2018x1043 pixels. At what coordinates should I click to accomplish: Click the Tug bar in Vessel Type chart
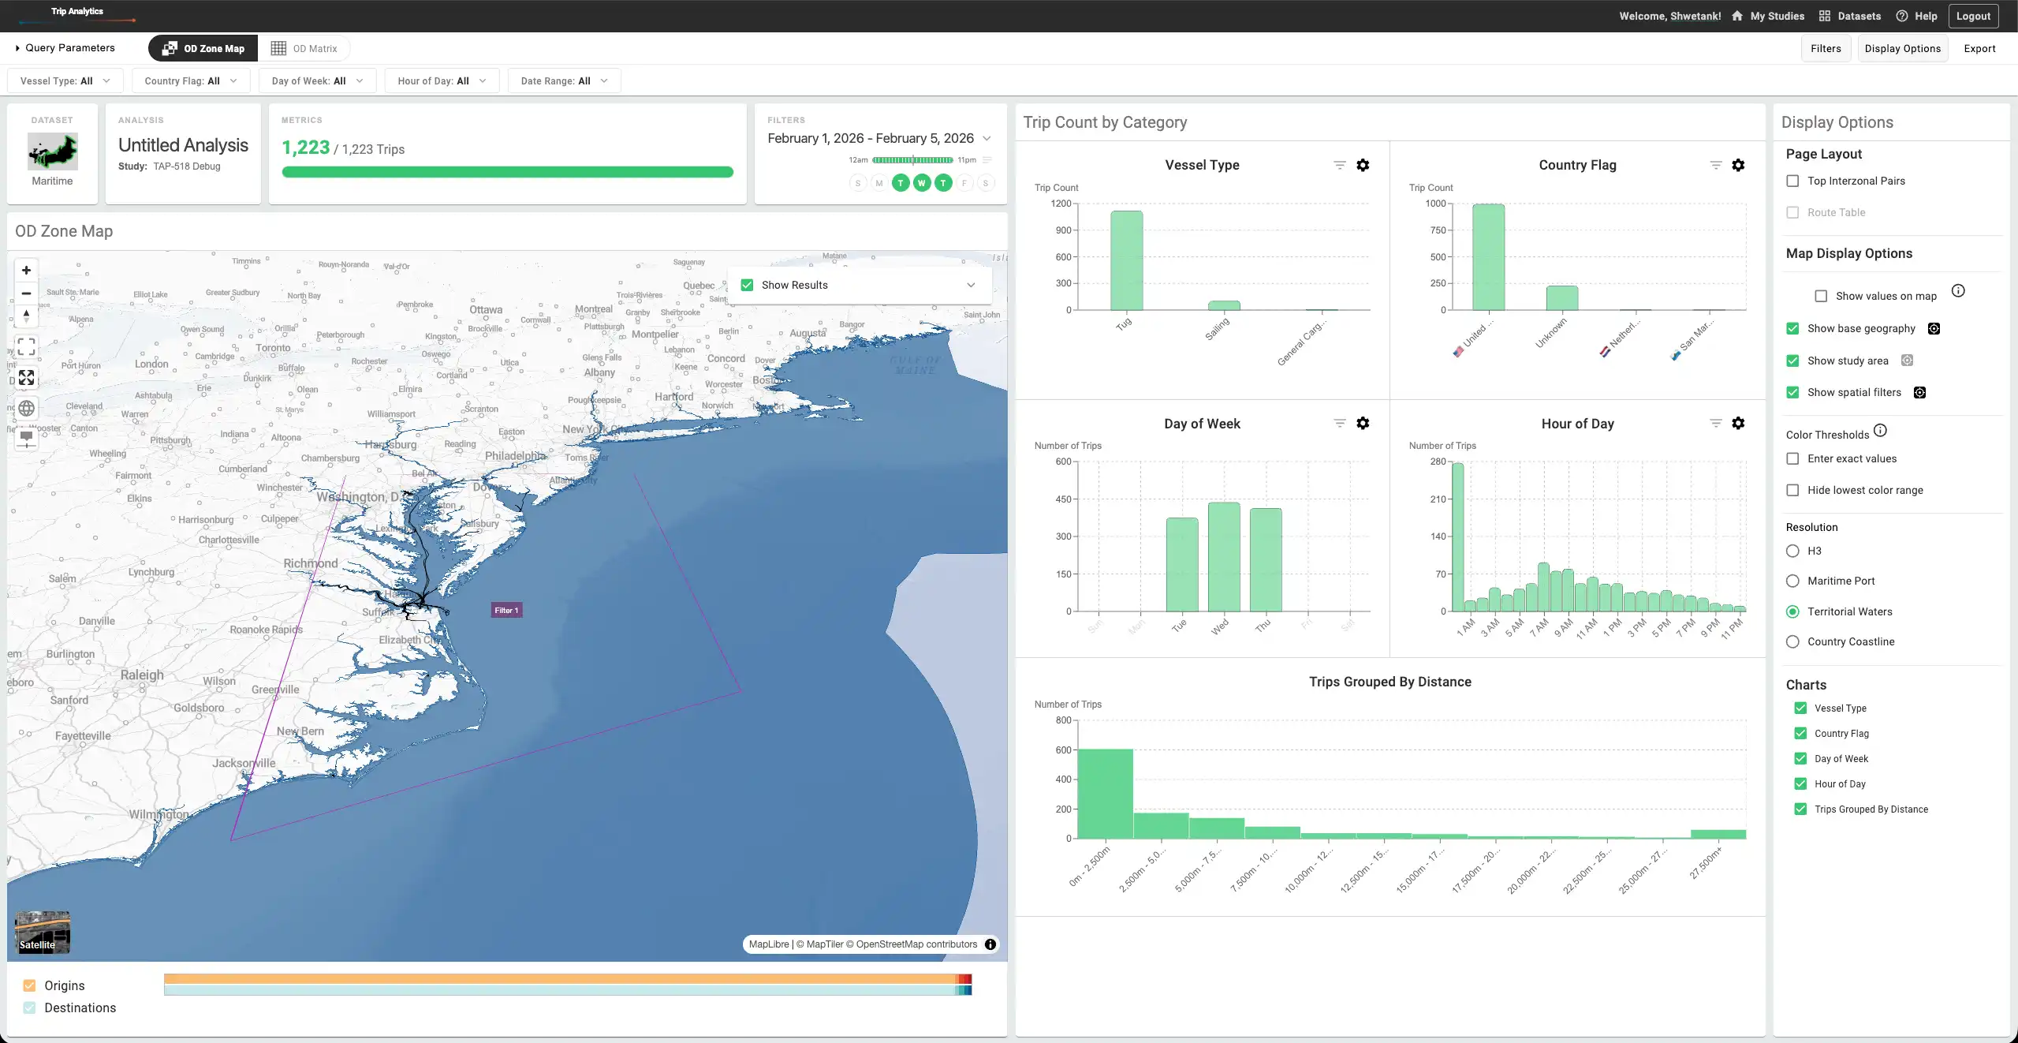tap(1126, 260)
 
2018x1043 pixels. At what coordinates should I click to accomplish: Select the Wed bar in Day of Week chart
tap(1223, 556)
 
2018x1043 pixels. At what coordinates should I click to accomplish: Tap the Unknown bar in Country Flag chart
tap(1561, 298)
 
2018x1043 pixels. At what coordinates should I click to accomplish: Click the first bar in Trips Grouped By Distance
tap(1105, 793)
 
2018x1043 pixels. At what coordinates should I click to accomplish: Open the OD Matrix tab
tap(304, 49)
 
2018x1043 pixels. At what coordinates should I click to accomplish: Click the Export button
tap(1979, 49)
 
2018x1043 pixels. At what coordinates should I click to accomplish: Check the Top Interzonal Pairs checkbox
tap(1792, 181)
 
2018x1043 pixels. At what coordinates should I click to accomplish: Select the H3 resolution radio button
tap(1792, 551)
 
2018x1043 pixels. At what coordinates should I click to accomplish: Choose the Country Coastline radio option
tap(1792, 642)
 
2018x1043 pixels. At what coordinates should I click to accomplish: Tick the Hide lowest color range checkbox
tap(1792, 491)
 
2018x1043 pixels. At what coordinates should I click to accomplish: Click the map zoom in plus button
tap(26, 271)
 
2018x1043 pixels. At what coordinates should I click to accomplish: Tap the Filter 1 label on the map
tap(506, 610)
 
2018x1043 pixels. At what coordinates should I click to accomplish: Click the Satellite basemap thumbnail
tap(43, 933)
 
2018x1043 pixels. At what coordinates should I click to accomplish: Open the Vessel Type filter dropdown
tap(65, 81)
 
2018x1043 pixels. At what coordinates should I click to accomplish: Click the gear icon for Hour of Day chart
tap(1737, 424)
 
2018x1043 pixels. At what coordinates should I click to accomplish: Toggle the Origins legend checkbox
tap(30, 985)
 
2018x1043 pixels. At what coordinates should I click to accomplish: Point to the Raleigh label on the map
tap(142, 675)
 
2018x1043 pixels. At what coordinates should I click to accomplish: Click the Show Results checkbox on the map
tap(747, 286)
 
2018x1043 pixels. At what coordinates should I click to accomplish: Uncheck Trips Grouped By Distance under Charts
tap(1800, 809)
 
